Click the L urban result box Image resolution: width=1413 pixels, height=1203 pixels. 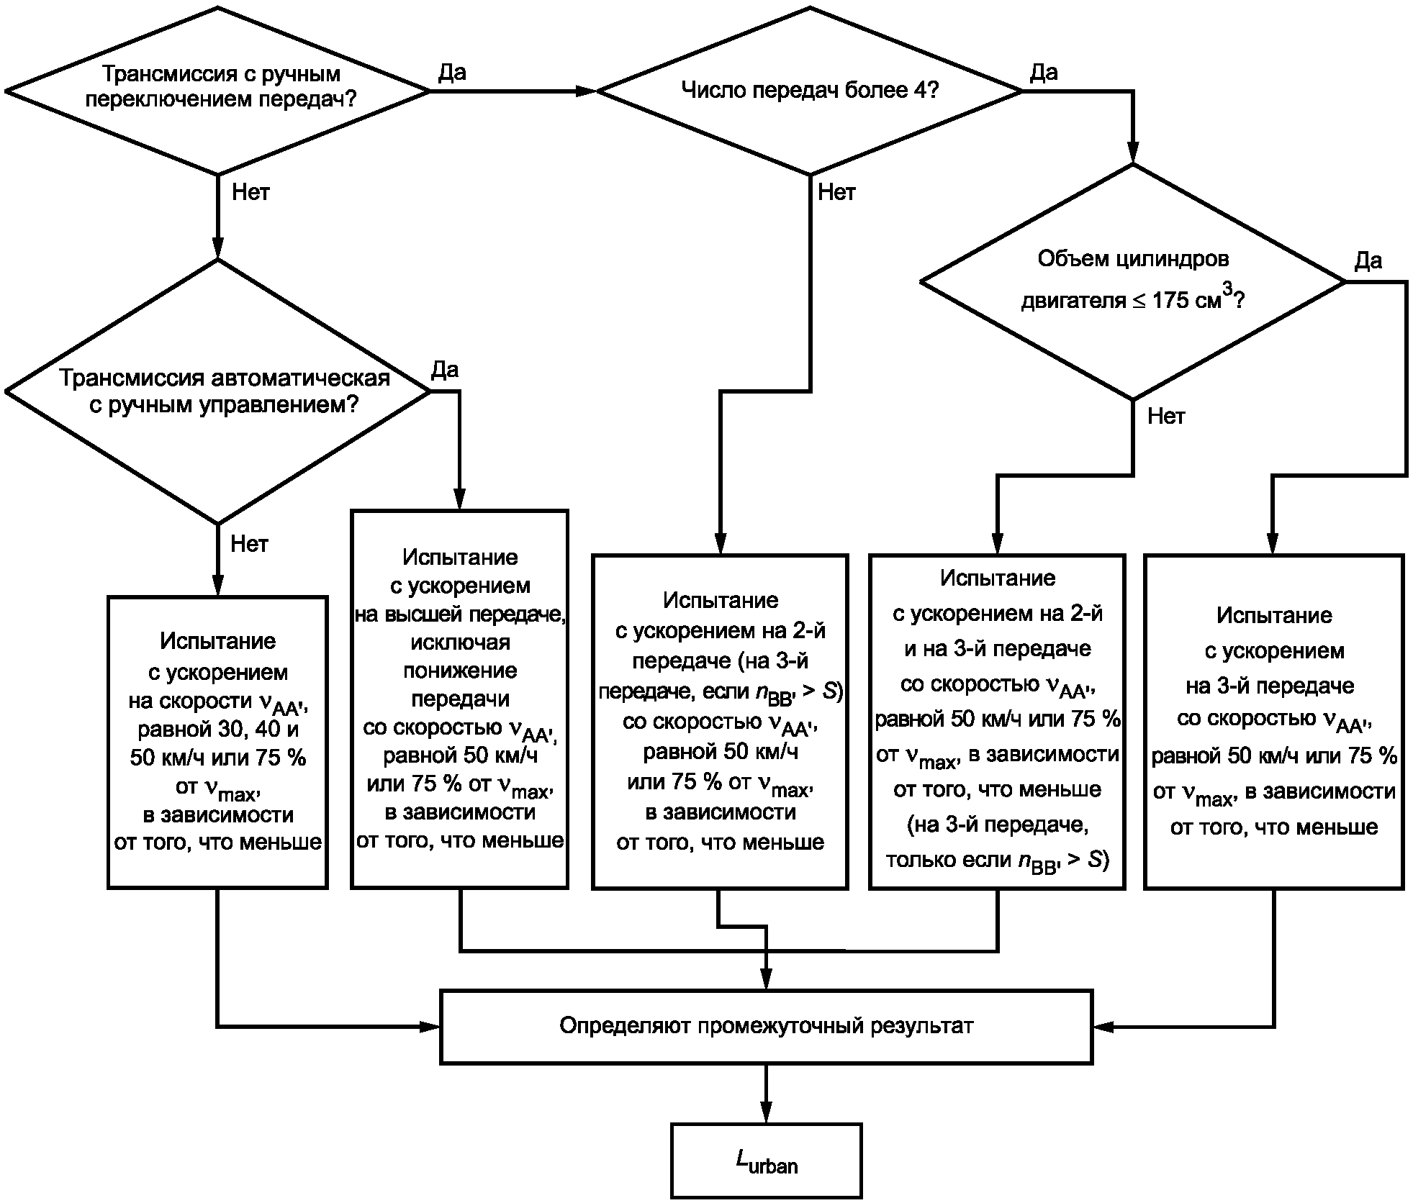pyautogui.click(x=766, y=1160)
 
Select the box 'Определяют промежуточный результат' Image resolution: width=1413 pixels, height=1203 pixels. pyautogui.click(x=766, y=1027)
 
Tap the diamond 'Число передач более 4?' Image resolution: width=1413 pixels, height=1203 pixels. pyautogui.click(x=810, y=91)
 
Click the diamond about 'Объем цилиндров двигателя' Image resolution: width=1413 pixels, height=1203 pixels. pyautogui.click(x=1133, y=281)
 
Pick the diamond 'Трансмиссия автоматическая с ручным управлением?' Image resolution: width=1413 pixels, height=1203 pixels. pyautogui.click(x=217, y=391)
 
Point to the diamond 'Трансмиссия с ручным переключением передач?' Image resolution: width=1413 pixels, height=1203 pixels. pyautogui.click(x=217, y=91)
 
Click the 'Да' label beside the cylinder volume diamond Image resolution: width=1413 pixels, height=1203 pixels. pyautogui.click(x=1368, y=260)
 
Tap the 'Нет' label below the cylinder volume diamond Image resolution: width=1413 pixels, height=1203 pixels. pyautogui.click(x=1166, y=416)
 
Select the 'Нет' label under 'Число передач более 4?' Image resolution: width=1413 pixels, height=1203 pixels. pyautogui.click(x=836, y=192)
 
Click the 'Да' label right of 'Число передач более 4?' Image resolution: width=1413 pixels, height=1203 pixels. pyautogui.click(x=1044, y=72)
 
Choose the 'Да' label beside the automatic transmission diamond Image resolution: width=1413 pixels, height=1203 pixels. pyautogui.click(x=444, y=370)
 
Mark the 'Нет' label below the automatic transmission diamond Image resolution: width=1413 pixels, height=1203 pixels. pyautogui.click(x=249, y=544)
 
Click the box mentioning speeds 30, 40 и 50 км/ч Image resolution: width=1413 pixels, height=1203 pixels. pyautogui.click(x=217, y=743)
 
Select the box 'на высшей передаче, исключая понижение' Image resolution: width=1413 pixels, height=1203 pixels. pyautogui.click(x=460, y=699)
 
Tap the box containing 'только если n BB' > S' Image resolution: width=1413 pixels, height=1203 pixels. pyautogui.click(x=997, y=722)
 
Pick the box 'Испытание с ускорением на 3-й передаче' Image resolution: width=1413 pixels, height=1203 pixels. pyautogui.click(x=1274, y=722)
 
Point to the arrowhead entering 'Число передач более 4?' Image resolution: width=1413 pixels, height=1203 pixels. pyautogui.click(x=586, y=91)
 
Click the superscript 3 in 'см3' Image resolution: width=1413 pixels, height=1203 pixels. pyautogui.click(x=1228, y=289)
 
